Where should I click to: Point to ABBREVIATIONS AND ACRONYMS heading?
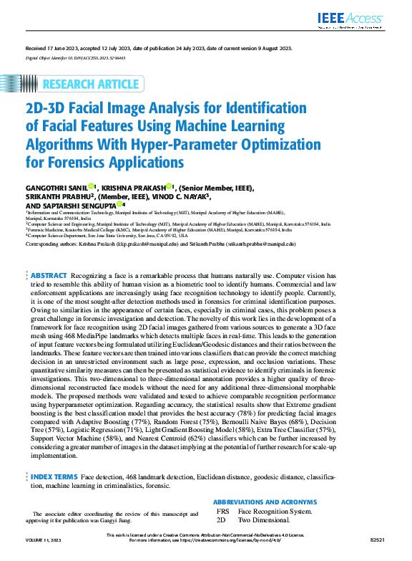(265, 502)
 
